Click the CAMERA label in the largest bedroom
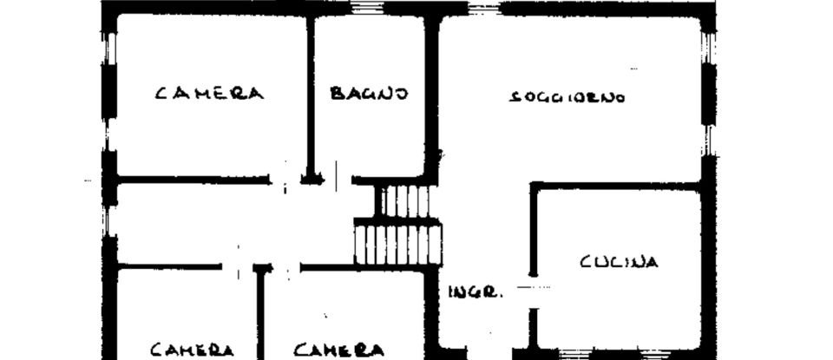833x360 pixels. point(208,93)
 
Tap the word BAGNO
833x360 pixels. point(369,93)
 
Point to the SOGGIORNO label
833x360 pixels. point(567,97)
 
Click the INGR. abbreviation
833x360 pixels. point(476,292)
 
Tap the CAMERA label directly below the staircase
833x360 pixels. point(338,350)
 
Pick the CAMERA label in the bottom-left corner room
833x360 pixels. point(192,350)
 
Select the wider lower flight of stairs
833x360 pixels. point(398,243)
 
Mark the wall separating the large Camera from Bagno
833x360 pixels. point(310,95)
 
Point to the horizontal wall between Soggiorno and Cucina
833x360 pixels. point(616,186)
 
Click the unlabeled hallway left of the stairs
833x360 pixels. point(234,223)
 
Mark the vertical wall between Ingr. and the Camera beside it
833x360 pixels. point(430,312)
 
